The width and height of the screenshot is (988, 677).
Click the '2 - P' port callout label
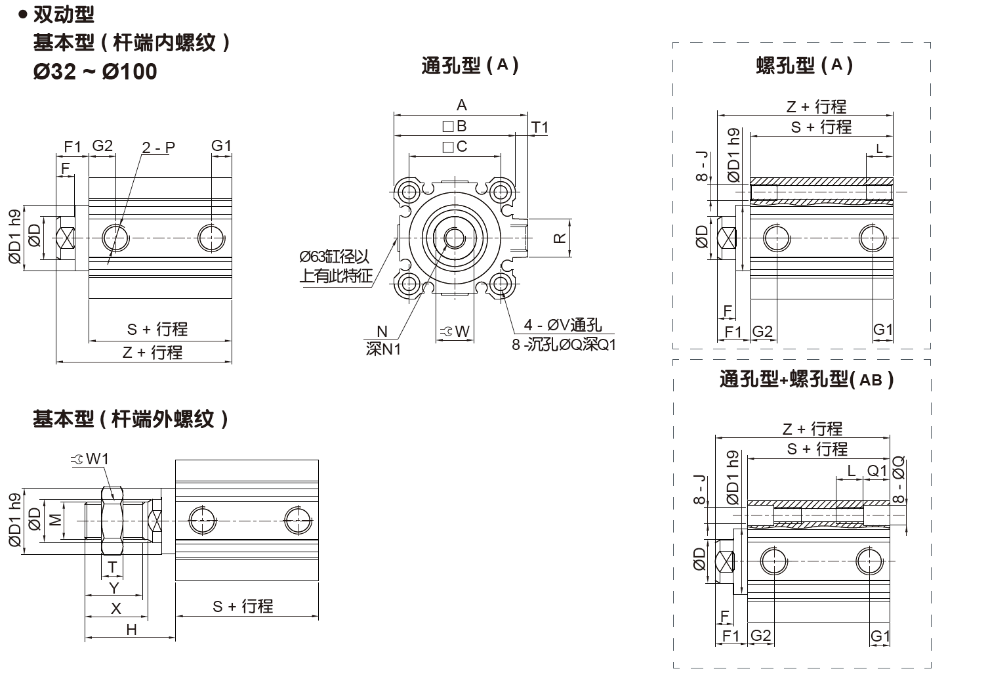pos(159,147)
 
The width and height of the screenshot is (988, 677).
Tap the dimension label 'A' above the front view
pos(461,105)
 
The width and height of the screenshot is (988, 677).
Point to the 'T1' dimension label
pos(539,127)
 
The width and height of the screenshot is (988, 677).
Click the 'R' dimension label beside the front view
pos(560,238)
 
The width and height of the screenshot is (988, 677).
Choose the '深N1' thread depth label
pos(383,349)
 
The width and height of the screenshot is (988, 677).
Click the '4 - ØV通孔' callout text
pos(562,325)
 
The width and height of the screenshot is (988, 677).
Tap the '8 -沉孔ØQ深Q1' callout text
pos(564,344)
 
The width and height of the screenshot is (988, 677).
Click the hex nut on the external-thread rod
pos(112,520)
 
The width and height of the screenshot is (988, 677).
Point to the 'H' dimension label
pos(131,630)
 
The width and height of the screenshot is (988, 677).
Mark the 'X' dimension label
pos(115,608)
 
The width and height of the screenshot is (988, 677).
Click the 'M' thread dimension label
pos(56,519)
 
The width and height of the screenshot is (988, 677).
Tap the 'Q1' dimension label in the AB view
pos(876,471)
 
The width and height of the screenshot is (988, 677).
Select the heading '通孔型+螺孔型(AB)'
pos(806,380)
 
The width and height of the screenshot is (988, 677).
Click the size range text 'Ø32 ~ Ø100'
pos(95,72)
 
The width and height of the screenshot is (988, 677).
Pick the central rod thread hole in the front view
pos(454,238)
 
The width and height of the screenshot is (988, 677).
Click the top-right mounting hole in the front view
pos(501,192)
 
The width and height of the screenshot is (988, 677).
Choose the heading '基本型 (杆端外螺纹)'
pos(131,419)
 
